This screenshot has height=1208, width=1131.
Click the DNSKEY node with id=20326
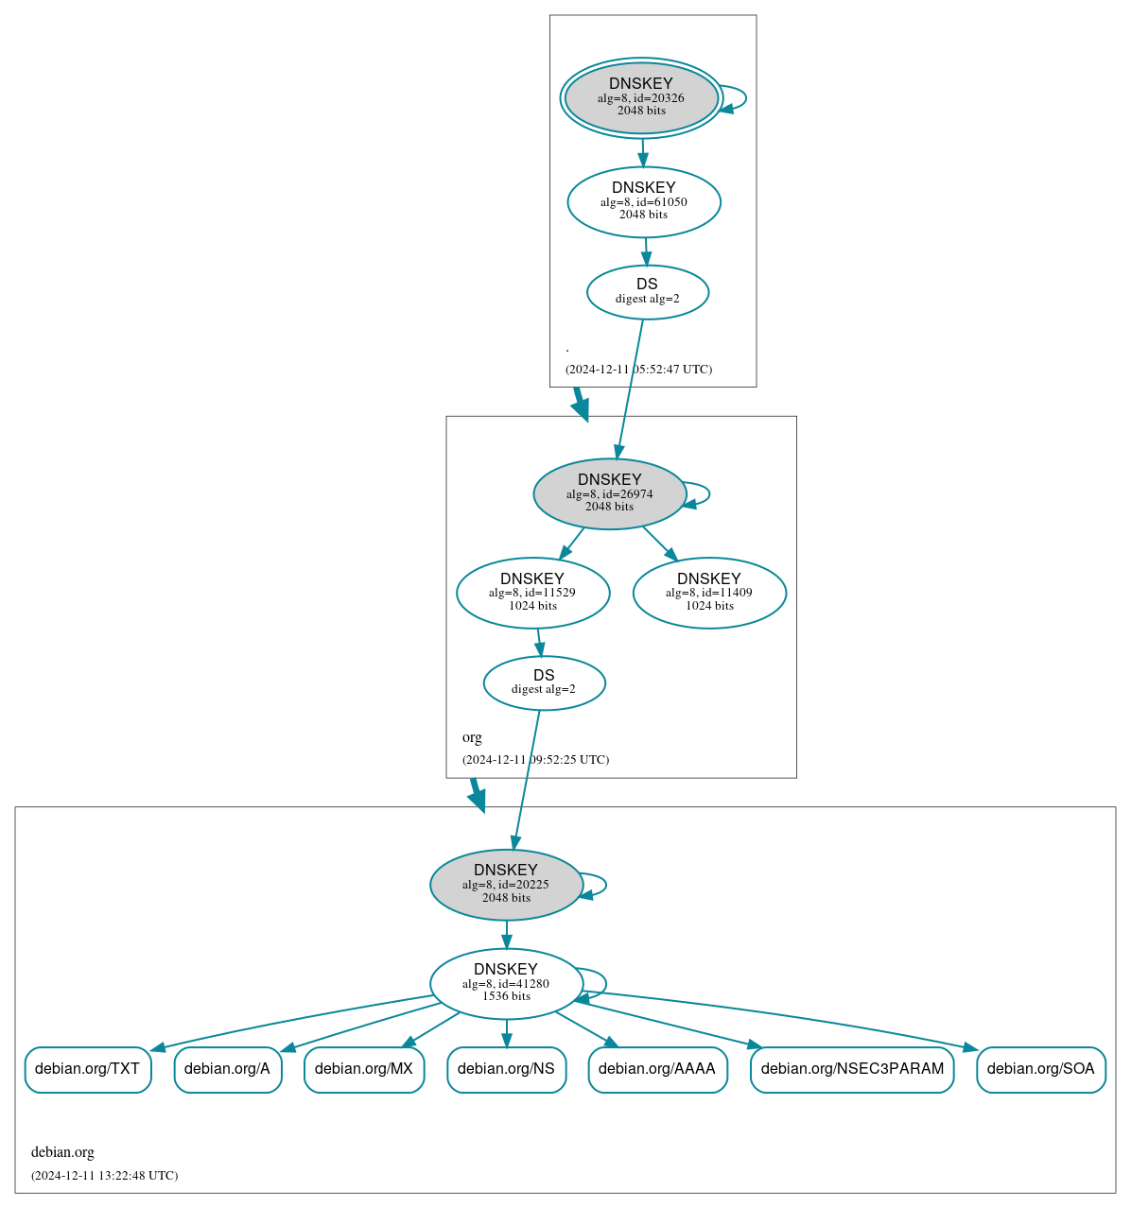641,98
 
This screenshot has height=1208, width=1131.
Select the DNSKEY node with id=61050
644,201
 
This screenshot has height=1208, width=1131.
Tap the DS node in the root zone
648,292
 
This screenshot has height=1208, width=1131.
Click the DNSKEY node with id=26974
610,493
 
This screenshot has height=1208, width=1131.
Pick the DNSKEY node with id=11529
532,593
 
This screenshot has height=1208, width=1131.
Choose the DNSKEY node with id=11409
709,593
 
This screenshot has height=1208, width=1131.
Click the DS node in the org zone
544,682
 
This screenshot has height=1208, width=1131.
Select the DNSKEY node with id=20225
506,884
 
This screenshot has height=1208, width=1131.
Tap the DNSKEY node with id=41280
506,983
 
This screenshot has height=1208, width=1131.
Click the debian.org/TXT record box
88,1069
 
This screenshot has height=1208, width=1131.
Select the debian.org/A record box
228,1069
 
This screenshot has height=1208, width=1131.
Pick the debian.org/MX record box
364,1069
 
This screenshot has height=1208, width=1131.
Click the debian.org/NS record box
506,1069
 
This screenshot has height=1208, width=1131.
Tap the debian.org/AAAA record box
657,1069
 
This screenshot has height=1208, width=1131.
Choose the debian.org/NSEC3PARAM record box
852,1069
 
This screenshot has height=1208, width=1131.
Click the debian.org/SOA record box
1040,1069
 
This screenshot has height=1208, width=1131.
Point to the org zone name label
472,737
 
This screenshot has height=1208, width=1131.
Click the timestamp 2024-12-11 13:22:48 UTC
104,1176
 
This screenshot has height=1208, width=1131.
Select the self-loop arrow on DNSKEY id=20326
743,98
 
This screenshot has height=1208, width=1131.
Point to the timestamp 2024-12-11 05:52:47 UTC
638,370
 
